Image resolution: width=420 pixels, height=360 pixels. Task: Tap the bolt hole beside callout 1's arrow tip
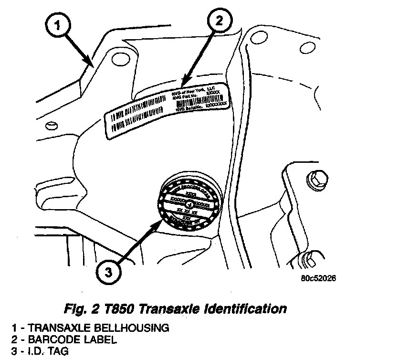pyautogui.click(x=117, y=59)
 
